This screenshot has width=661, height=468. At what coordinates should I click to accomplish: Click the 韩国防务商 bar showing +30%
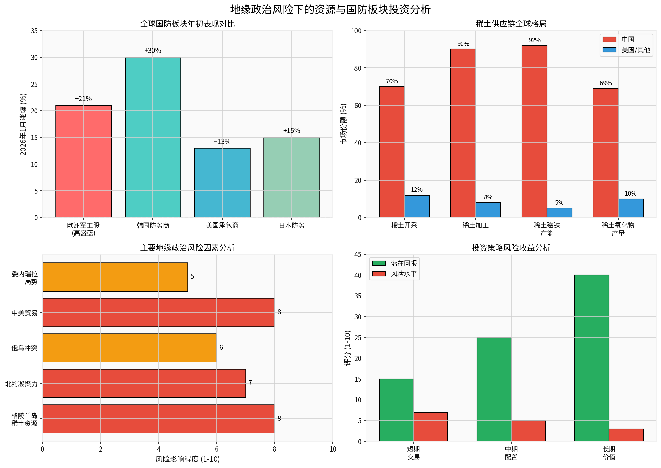[153, 138]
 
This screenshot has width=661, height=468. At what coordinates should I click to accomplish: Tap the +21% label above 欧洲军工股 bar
[83, 99]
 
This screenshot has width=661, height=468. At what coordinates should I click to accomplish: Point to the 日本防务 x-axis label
[291, 226]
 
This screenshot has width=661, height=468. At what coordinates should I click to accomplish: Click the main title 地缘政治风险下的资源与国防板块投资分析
[330, 10]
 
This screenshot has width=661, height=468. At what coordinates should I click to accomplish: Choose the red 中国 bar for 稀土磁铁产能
[534, 131]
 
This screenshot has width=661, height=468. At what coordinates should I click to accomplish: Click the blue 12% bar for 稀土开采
[416, 206]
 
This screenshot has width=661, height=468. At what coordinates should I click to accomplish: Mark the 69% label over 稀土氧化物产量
[605, 83]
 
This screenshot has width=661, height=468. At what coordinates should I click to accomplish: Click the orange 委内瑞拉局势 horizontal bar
[115, 277]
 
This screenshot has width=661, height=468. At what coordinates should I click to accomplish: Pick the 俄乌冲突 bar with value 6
[129, 348]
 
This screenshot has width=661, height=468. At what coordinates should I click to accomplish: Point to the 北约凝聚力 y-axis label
[22, 384]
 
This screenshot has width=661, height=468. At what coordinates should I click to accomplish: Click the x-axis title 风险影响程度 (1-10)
[187, 459]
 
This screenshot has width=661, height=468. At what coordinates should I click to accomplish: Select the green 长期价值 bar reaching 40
[591, 358]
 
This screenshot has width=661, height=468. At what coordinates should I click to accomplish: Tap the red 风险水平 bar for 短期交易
[430, 426]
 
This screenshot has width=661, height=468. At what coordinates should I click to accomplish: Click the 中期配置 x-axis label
[511, 453]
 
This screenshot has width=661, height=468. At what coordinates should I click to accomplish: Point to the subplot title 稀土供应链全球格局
[511, 24]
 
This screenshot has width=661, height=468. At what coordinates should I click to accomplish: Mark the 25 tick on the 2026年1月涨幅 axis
[34, 84]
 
